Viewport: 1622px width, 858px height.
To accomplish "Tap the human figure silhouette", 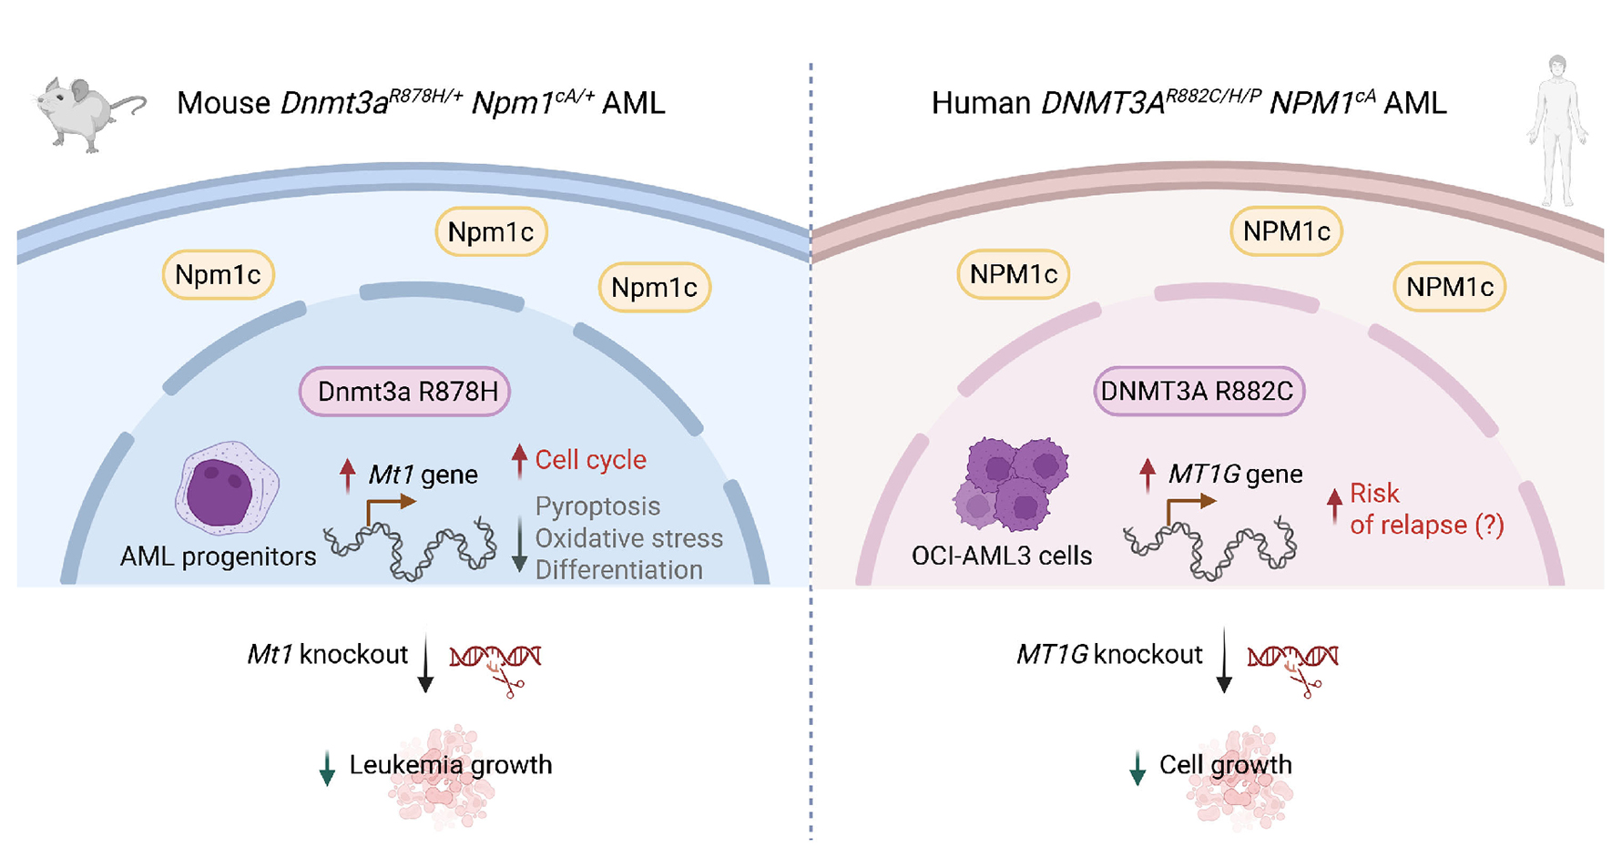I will point(1556,128).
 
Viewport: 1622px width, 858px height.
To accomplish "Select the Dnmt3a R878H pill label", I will point(405,392).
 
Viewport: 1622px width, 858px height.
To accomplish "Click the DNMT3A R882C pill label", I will point(1199,392).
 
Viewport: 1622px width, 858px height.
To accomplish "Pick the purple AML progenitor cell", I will point(226,489).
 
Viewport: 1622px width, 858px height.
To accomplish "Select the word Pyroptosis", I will point(597,506).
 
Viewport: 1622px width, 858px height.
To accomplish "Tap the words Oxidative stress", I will point(628,538).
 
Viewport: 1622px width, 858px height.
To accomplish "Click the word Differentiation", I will point(618,570).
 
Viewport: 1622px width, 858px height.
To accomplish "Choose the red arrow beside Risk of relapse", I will point(1334,506).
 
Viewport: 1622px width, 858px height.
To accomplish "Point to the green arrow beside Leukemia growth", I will point(327,768).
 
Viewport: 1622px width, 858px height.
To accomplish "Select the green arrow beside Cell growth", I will point(1137,768).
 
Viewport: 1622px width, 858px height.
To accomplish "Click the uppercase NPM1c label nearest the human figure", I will point(1449,287).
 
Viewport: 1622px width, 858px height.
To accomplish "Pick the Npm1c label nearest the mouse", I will point(218,275).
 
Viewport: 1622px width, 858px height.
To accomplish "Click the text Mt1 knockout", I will point(327,655).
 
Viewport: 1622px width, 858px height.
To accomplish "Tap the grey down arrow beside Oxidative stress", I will point(519,544).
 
